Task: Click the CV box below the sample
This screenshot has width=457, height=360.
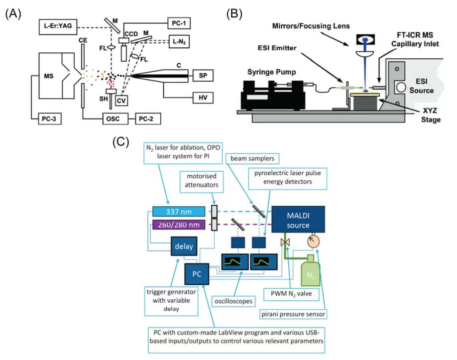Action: (x=120, y=100)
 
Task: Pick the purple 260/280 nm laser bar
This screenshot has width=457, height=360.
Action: (x=179, y=225)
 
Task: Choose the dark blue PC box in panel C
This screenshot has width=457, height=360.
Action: (x=196, y=273)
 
